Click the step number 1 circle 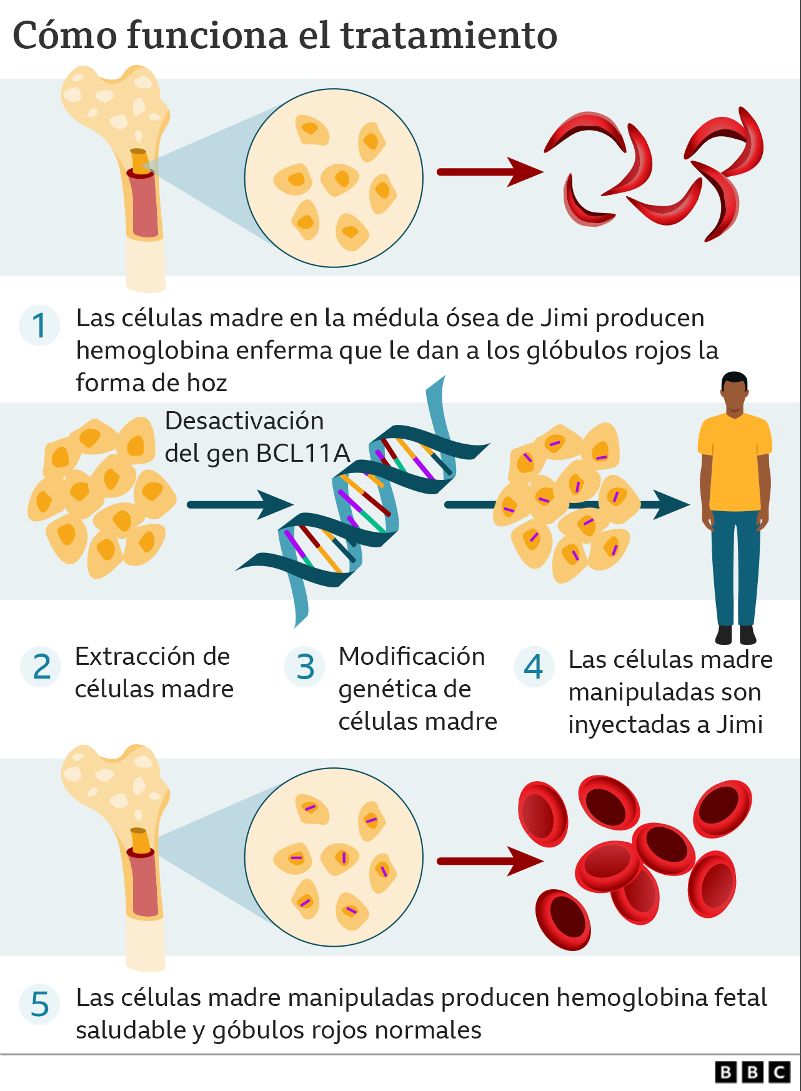[x=39, y=326]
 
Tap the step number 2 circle [x=41, y=667]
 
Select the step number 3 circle [x=305, y=667]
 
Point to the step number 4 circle [x=534, y=667]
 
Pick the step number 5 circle [x=39, y=1004]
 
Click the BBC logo [x=752, y=1072]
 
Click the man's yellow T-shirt [x=735, y=462]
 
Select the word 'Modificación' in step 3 [x=412, y=657]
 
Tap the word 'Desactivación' [x=244, y=421]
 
